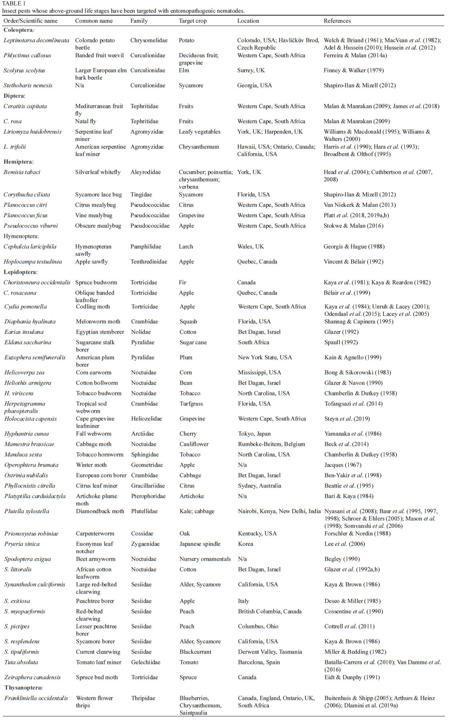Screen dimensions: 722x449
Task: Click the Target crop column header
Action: [192, 21]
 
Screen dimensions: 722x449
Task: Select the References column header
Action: [337, 21]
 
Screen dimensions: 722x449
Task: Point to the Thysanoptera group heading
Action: [24, 688]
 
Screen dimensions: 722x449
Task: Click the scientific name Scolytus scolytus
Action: [24, 70]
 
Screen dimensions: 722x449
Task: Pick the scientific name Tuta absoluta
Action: [21, 662]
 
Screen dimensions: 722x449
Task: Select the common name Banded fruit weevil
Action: [99, 55]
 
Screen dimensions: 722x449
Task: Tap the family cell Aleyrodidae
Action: [146, 172]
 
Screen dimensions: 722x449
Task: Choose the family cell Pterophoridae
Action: [148, 496]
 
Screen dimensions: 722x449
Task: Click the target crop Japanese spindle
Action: [200, 544]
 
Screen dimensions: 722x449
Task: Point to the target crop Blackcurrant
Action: [195, 652]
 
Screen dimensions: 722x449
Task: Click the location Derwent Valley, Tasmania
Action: [270, 652]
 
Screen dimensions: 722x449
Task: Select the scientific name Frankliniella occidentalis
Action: [36, 698]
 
